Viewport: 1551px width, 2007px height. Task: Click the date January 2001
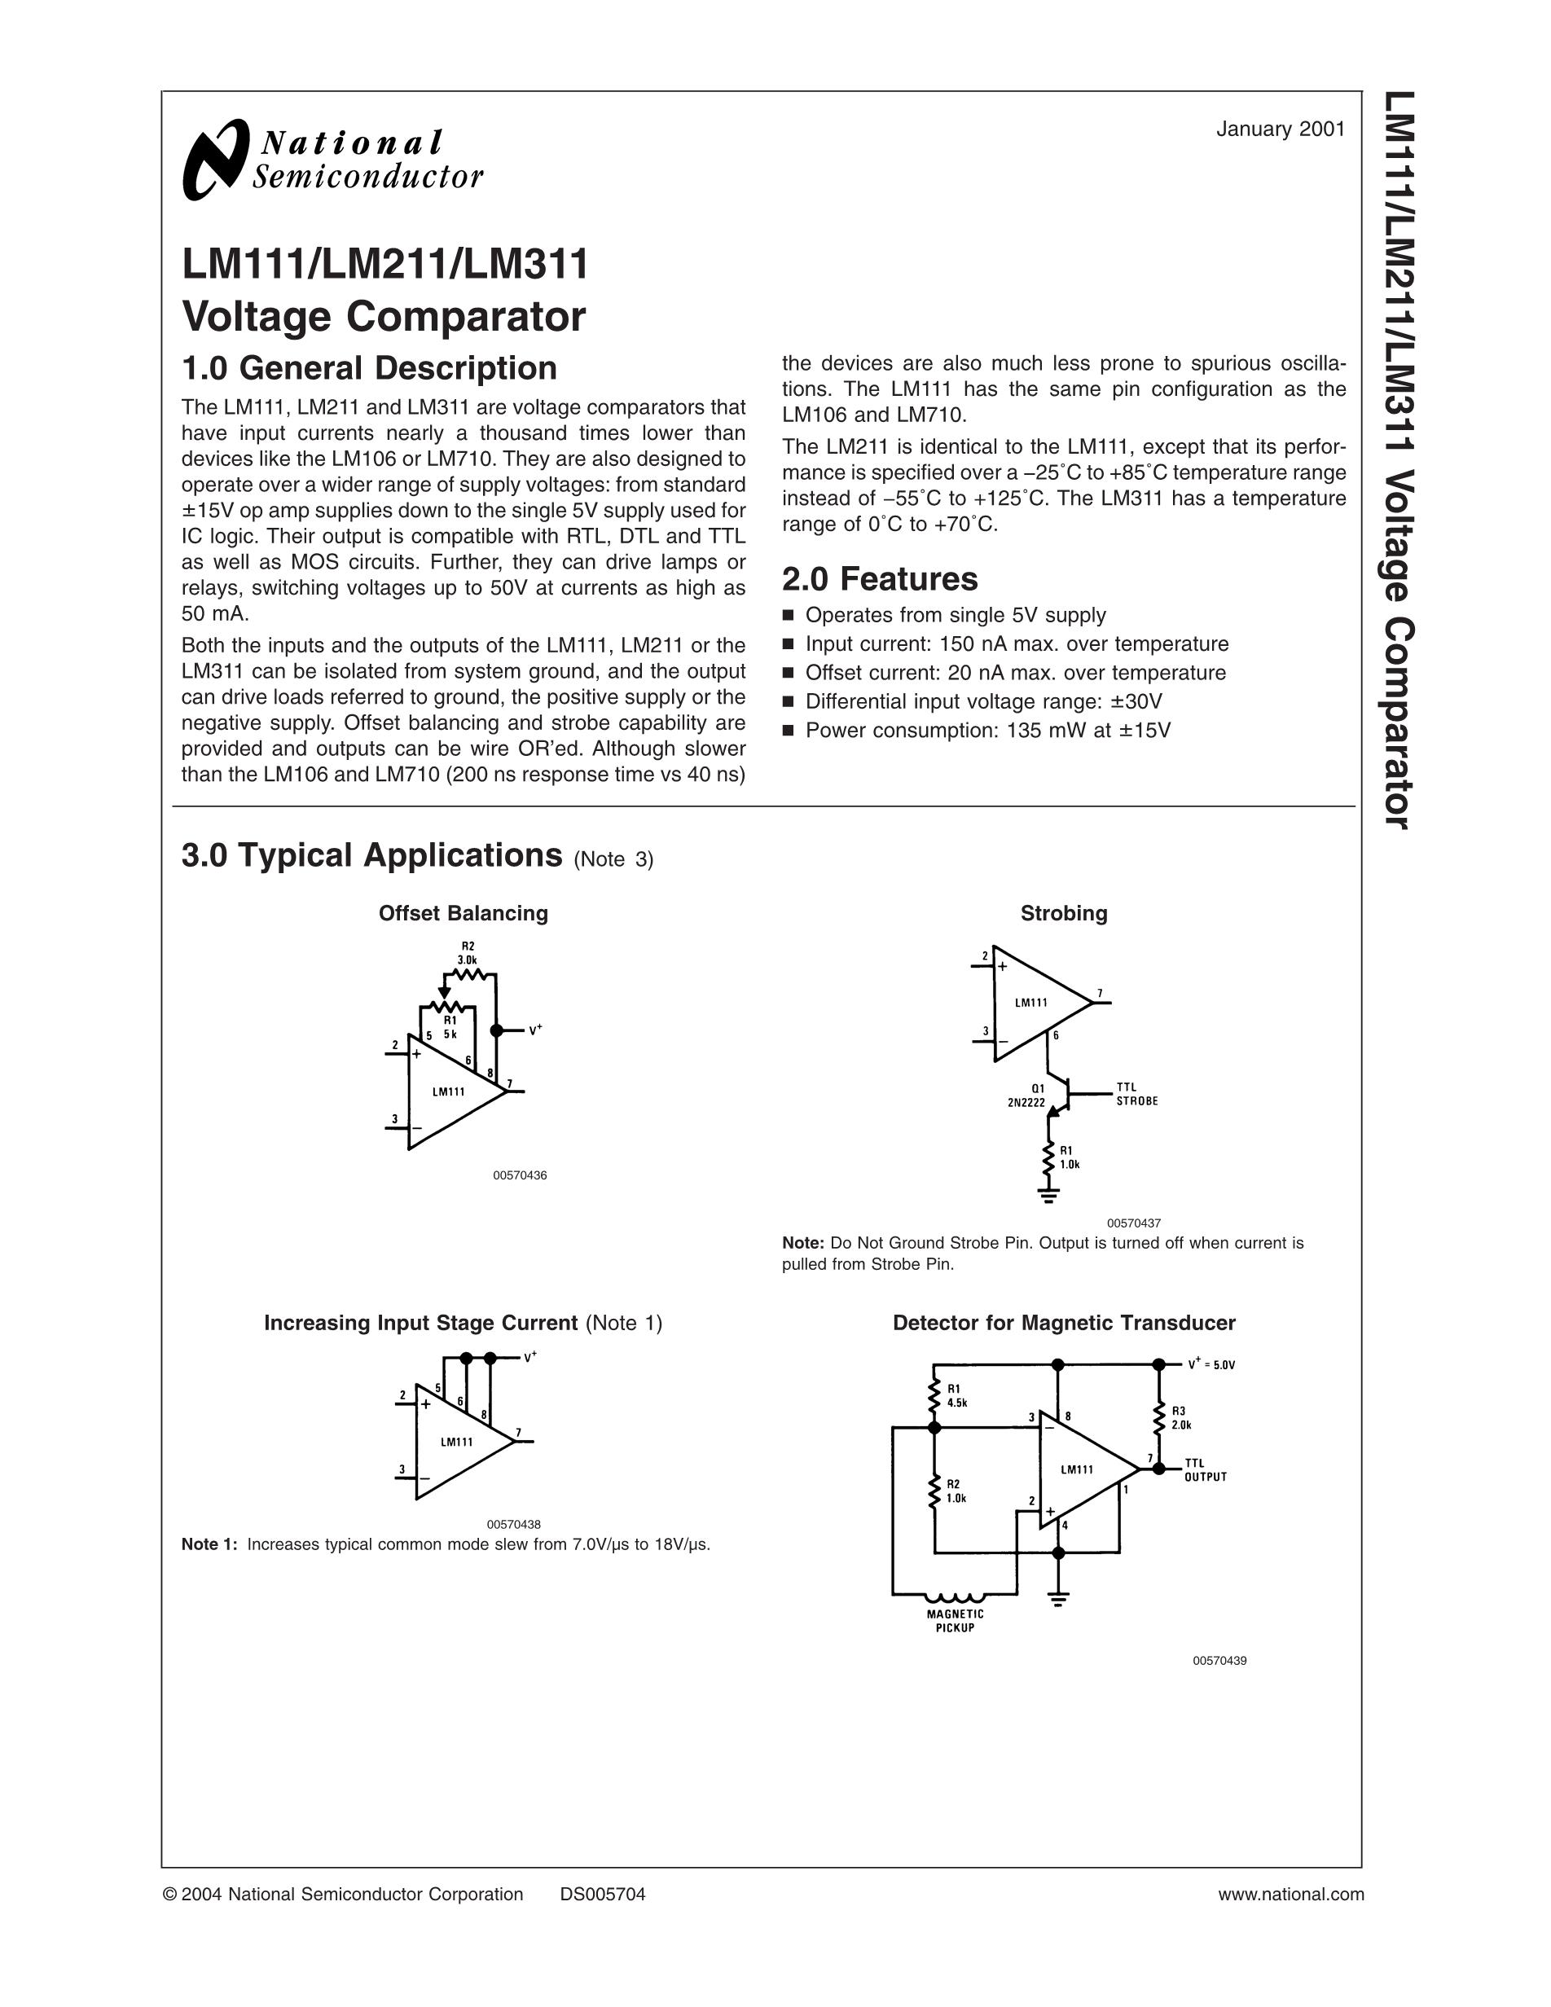click(1280, 130)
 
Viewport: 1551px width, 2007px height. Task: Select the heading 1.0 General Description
click(369, 367)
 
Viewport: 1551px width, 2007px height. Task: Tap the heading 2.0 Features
click(879, 579)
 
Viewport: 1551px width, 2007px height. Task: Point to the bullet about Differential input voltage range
click(983, 702)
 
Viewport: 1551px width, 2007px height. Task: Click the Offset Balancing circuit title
click(463, 913)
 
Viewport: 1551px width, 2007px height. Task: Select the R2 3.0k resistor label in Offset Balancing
click(468, 953)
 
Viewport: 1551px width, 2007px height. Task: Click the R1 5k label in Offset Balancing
click(450, 1026)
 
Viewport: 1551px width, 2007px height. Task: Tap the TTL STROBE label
click(1136, 1094)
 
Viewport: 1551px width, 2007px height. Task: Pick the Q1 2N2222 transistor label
click(1027, 1096)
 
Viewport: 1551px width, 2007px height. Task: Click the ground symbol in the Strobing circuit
click(1048, 1194)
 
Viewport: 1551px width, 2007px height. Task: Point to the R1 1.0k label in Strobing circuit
click(1070, 1157)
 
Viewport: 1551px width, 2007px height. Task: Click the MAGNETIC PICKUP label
click(955, 1620)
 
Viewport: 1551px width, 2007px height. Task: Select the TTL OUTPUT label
click(1206, 1469)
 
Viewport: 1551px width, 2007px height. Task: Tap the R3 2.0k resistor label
click(1180, 1418)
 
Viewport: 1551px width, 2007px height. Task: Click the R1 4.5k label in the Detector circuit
click(956, 1396)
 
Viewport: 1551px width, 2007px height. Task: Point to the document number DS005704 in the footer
click(603, 1894)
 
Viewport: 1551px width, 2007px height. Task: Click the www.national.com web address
click(1291, 1894)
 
